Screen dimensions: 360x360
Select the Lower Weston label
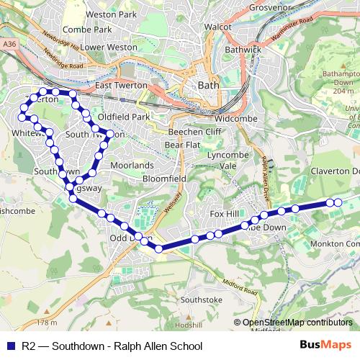pos(109,47)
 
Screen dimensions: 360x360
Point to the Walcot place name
pos(217,27)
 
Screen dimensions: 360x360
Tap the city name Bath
pos(208,85)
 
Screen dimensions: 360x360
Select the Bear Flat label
pos(182,145)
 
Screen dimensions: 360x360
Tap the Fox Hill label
pos(222,214)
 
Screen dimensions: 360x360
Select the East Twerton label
pos(121,85)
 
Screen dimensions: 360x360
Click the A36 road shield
pos(9,44)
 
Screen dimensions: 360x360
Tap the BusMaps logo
pos(325,345)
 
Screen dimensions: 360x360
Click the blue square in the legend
pos(9,346)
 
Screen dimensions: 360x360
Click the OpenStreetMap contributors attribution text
pos(297,323)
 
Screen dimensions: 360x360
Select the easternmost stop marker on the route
pos(338,203)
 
